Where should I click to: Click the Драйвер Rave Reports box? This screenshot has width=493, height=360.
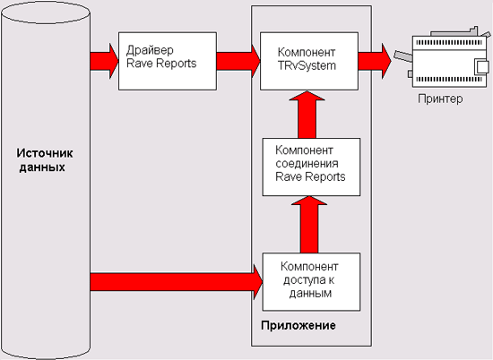pyautogui.click(x=168, y=61)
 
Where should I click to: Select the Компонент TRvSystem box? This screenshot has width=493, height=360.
pyautogui.click(x=309, y=61)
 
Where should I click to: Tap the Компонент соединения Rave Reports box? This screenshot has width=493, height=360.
pyautogui.click(x=311, y=167)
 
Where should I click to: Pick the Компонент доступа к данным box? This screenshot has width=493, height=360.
pyautogui.click(x=311, y=282)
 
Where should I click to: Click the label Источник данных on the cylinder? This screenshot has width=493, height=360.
pyautogui.click(x=44, y=160)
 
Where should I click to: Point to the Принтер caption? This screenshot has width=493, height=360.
pyautogui.click(x=440, y=99)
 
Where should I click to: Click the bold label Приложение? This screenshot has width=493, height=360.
pyautogui.click(x=298, y=325)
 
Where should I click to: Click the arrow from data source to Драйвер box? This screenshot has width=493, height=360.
pyautogui.click(x=104, y=61)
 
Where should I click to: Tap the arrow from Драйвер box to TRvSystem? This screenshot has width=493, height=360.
pyautogui.click(x=238, y=61)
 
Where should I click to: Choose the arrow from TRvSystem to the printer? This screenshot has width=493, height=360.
pyautogui.click(x=375, y=61)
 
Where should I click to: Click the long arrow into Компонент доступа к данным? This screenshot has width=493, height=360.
pyautogui.click(x=177, y=282)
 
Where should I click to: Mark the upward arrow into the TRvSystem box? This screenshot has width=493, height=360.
pyautogui.click(x=307, y=115)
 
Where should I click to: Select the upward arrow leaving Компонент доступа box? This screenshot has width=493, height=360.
pyautogui.click(x=309, y=225)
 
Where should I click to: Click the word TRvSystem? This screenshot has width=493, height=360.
pyautogui.click(x=307, y=66)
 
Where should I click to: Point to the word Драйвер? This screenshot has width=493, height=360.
pyautogui.click(x=150, y=50)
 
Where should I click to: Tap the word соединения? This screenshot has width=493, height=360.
pyautogui.click(x=307, y=163)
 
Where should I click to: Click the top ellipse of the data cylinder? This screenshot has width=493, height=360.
pyautogui.click(x=46, y=13)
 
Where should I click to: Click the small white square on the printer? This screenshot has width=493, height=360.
pyautogui.click(x=481, y=67)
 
